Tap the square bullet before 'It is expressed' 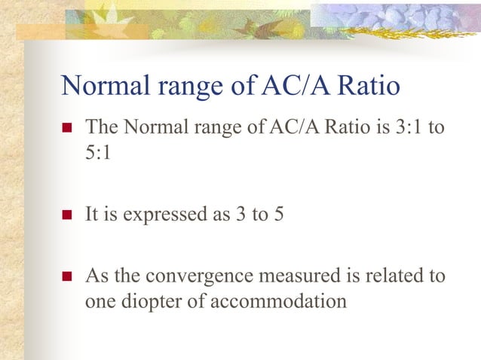(66, 215)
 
